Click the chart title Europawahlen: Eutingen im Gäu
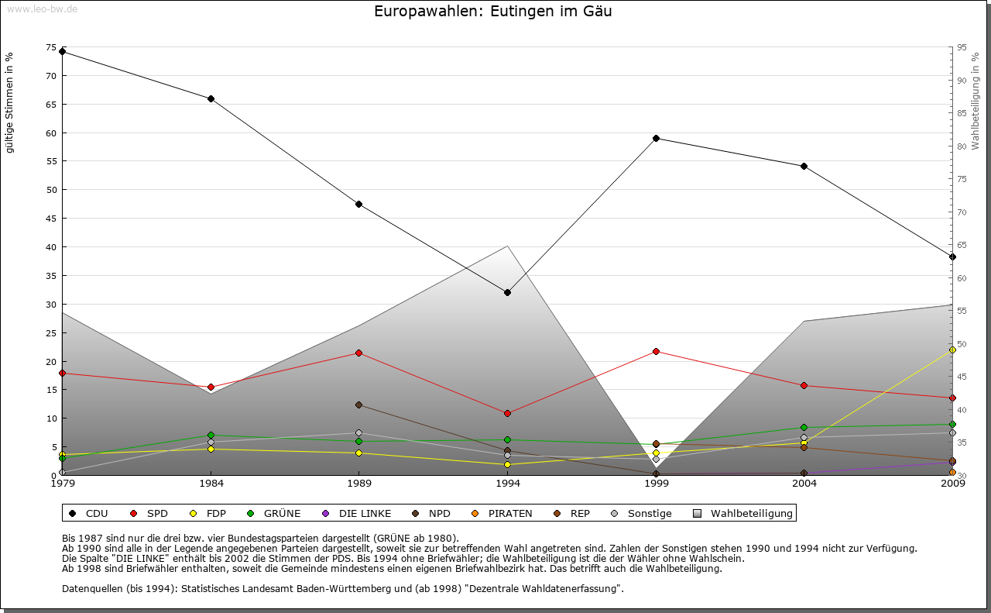coord(493,12)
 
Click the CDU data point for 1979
coord(62,52)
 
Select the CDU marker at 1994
coord(507,292)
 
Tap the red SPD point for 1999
coord(656,351)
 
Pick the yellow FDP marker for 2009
coord(952,350)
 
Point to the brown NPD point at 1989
coord(358,405)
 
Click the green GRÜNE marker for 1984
coord(211,435)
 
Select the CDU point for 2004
coord(804,166)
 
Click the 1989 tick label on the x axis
coord(359,484)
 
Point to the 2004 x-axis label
coord(804,484)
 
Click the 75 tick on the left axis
coord(51,47)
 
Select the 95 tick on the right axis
coord(962,47)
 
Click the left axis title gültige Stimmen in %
coord(10,103)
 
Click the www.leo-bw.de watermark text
coord(41,9)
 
